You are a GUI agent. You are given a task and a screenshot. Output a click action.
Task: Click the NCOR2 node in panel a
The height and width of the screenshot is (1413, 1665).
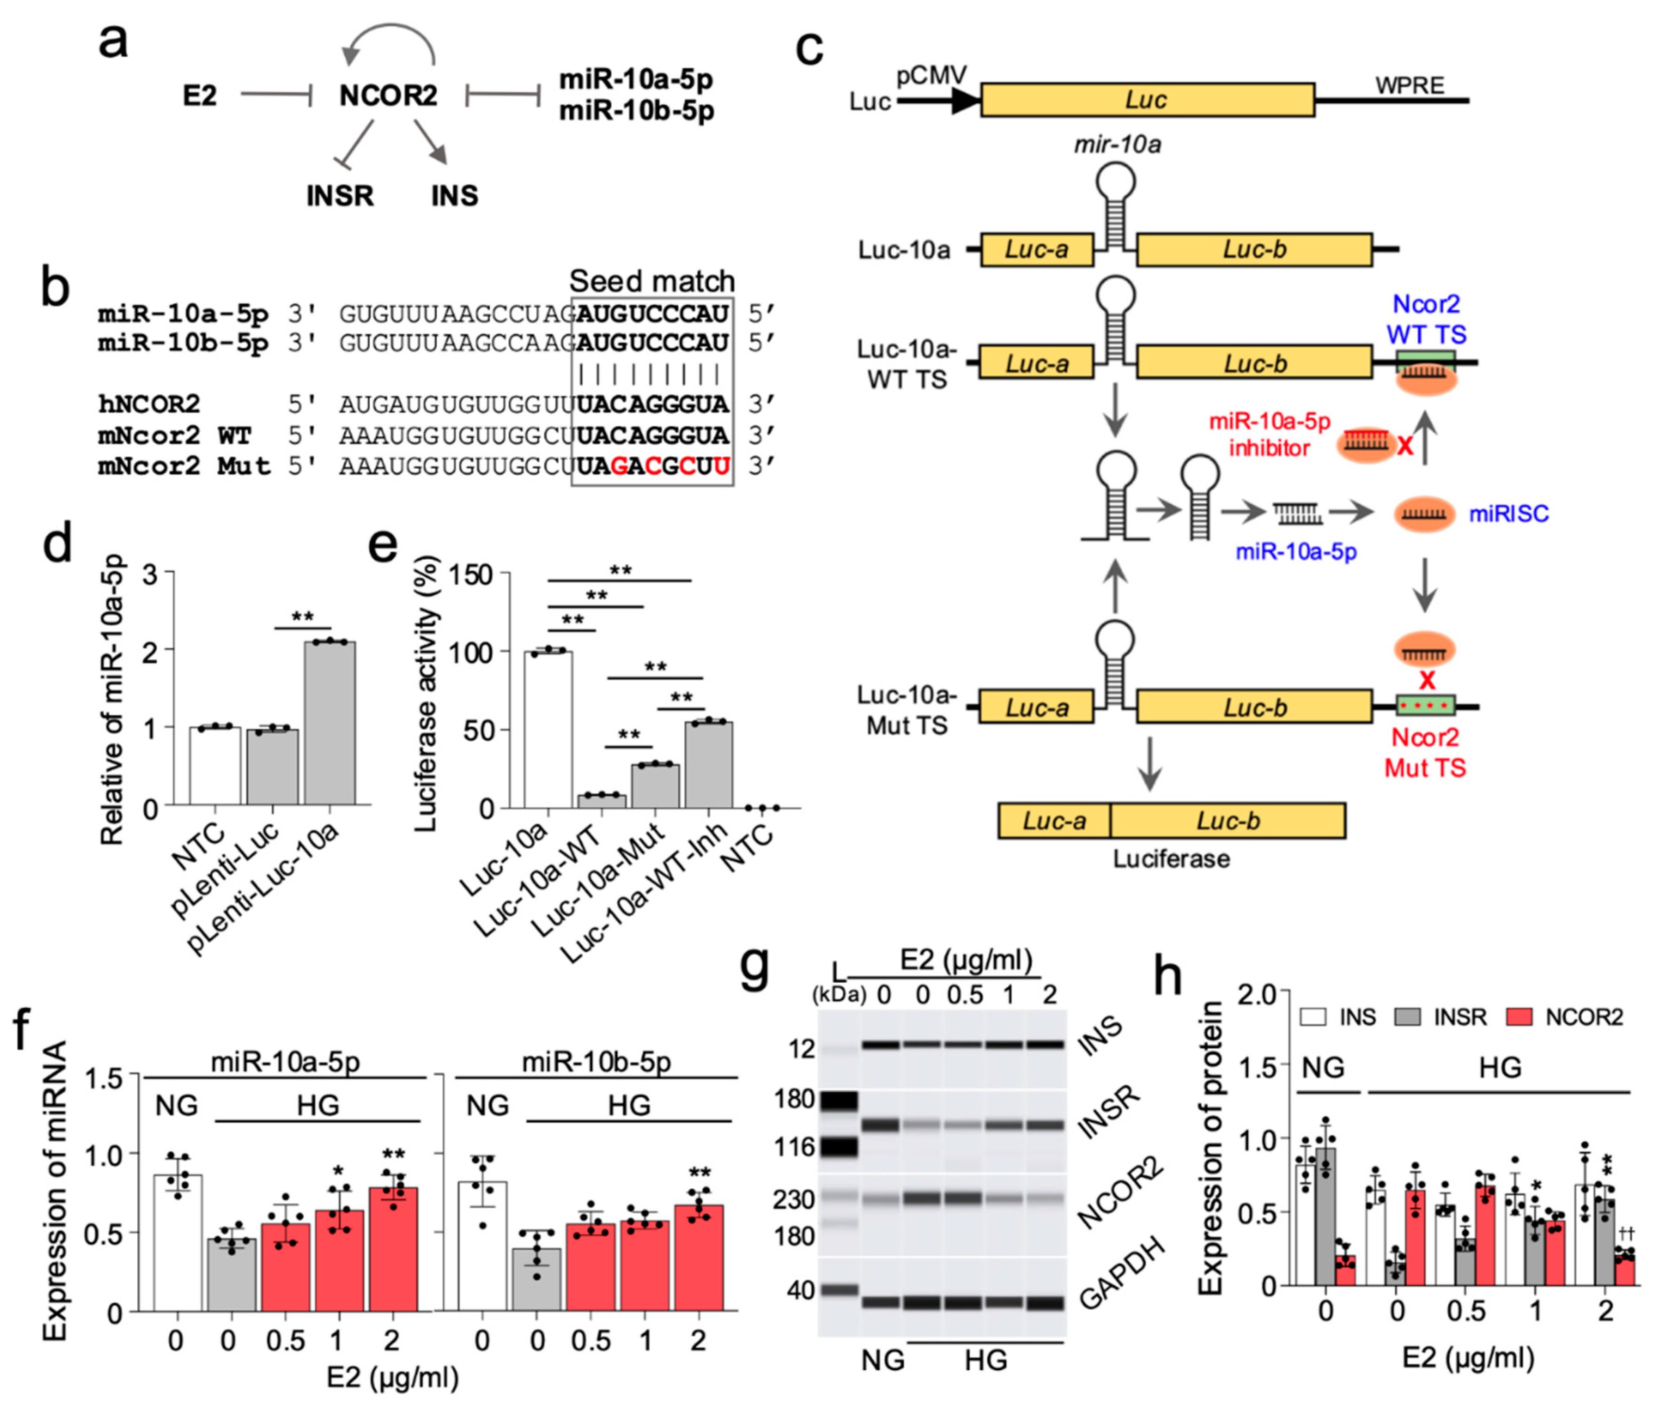(x=387, y=95)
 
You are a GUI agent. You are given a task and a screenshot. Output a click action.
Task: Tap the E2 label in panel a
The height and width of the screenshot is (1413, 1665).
(x=200, y=95)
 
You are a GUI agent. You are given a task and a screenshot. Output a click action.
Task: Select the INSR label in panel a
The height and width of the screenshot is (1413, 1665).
(x=340, y=195)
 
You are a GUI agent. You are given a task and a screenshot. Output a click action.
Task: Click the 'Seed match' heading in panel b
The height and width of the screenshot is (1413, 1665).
(x=651, y=281)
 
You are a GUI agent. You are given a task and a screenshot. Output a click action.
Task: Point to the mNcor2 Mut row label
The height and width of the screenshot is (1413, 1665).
(x=184, y=465)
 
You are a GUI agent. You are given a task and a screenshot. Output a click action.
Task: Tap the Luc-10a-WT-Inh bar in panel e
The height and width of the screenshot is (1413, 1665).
(x=708, y=765)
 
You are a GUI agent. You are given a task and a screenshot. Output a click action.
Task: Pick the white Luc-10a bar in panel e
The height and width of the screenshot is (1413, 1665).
(x=548, y=729)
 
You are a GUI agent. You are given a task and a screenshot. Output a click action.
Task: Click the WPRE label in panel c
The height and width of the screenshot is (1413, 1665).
(x=1410, y=86)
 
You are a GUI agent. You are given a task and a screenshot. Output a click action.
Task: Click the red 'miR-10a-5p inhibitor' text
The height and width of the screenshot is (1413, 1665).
(x=1269, y=434)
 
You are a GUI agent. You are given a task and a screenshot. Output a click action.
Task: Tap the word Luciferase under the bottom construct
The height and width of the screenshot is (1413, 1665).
(x=1171, y=859)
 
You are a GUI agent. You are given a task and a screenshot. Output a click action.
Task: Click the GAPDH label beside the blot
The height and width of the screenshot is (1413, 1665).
(x=1121, y=1273)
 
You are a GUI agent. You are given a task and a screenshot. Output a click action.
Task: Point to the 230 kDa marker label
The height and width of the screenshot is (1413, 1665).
(x=793, y=1199)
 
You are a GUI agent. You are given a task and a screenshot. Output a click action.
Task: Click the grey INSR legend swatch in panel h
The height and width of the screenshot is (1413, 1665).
(x=1407, y=1018)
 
